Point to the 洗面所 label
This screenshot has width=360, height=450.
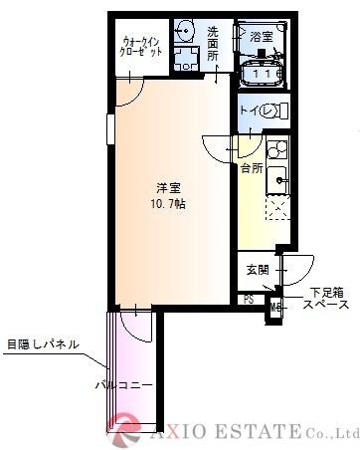click(x=213, y=44)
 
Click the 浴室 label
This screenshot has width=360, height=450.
click(x=262, y=36)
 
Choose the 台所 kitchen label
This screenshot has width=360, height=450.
click(x=251, y=168)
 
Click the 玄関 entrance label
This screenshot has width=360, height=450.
click(x=257, y=269)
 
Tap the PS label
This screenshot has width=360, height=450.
click(x=248, y=299)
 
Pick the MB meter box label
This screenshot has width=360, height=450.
click(x=275, y=307)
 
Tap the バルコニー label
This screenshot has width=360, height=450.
click(x=116, y=382)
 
